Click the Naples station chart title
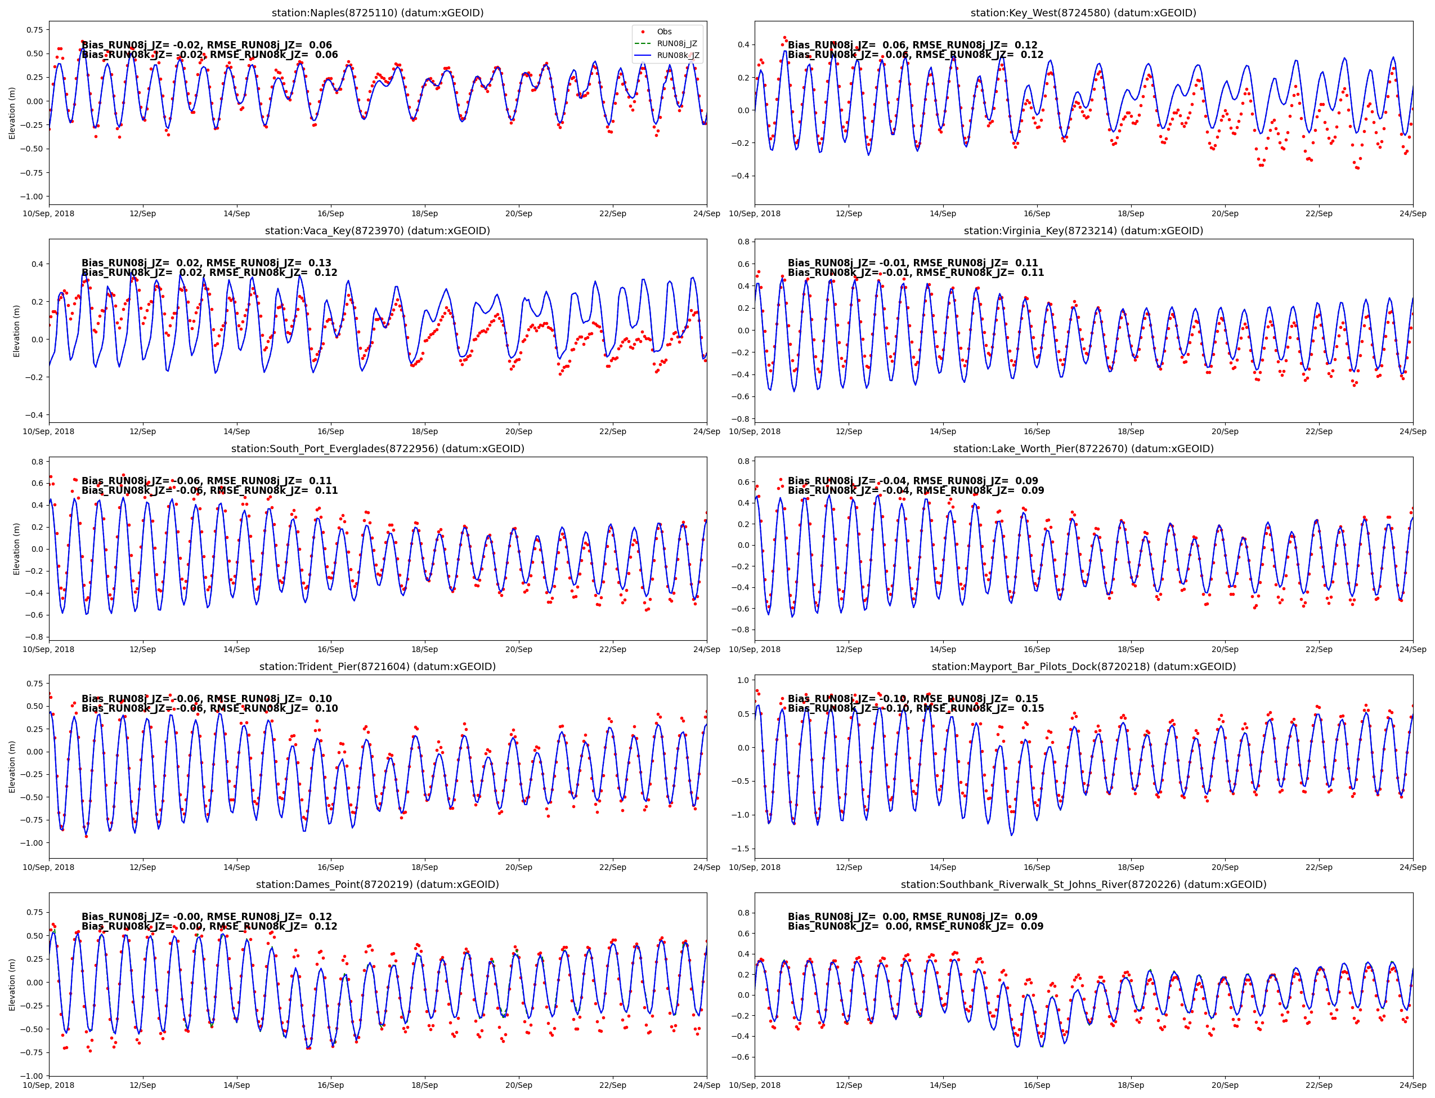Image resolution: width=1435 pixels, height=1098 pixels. point(378,13)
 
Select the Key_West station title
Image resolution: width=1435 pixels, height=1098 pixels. point(1083,13)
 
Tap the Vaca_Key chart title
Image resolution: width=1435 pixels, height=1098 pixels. point(378,231)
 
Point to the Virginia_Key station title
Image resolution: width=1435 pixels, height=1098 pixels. point(1083,231)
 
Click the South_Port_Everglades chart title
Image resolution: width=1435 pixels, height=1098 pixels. point(378,448)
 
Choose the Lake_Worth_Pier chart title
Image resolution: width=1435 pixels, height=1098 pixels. point(1083,448)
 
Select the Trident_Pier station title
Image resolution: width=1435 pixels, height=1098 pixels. point(378,667)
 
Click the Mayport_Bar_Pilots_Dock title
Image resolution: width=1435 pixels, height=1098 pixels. point(1083,667)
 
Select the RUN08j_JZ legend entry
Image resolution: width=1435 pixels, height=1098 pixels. point(676,44)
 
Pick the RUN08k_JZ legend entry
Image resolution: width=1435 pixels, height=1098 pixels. point(678,56)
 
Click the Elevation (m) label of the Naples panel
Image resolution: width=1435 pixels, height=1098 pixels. point(12,113)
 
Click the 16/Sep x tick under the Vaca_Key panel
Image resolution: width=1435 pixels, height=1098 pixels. point(330,431)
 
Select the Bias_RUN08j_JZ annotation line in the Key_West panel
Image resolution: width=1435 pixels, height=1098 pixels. point(912,45)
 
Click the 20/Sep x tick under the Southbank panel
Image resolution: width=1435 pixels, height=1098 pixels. point(1225,1085)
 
